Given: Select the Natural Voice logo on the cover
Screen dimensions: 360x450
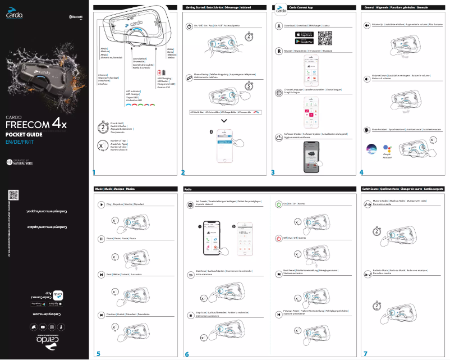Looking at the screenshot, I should tap(20, 162).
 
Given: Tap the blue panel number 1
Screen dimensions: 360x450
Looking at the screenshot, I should tap(95, 172).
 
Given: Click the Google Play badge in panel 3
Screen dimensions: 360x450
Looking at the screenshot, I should tap(303, 41).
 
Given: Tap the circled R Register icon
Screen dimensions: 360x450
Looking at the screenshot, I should tap(279, 51).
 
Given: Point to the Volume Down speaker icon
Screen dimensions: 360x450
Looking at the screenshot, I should tap(366, 78).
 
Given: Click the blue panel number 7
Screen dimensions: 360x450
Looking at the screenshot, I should tap(365, 354).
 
